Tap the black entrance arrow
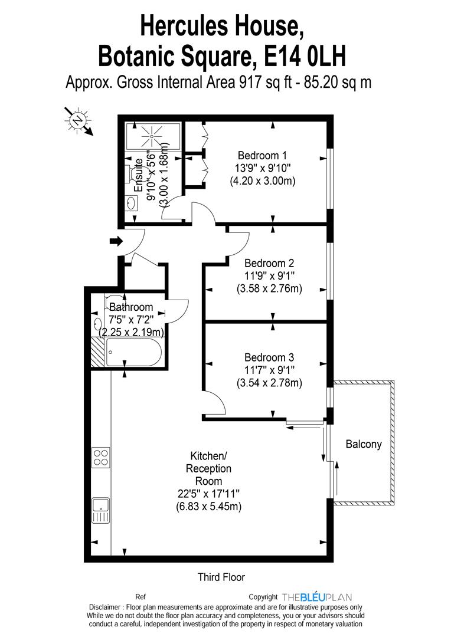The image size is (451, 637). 116,241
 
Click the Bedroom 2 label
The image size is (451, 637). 269,263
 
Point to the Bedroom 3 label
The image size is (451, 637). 269,357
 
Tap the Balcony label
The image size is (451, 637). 364,444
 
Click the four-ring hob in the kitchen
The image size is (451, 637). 100,457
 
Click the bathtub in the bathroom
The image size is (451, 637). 133,353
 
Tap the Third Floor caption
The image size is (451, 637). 221,577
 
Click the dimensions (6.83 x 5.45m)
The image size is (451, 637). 208,506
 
